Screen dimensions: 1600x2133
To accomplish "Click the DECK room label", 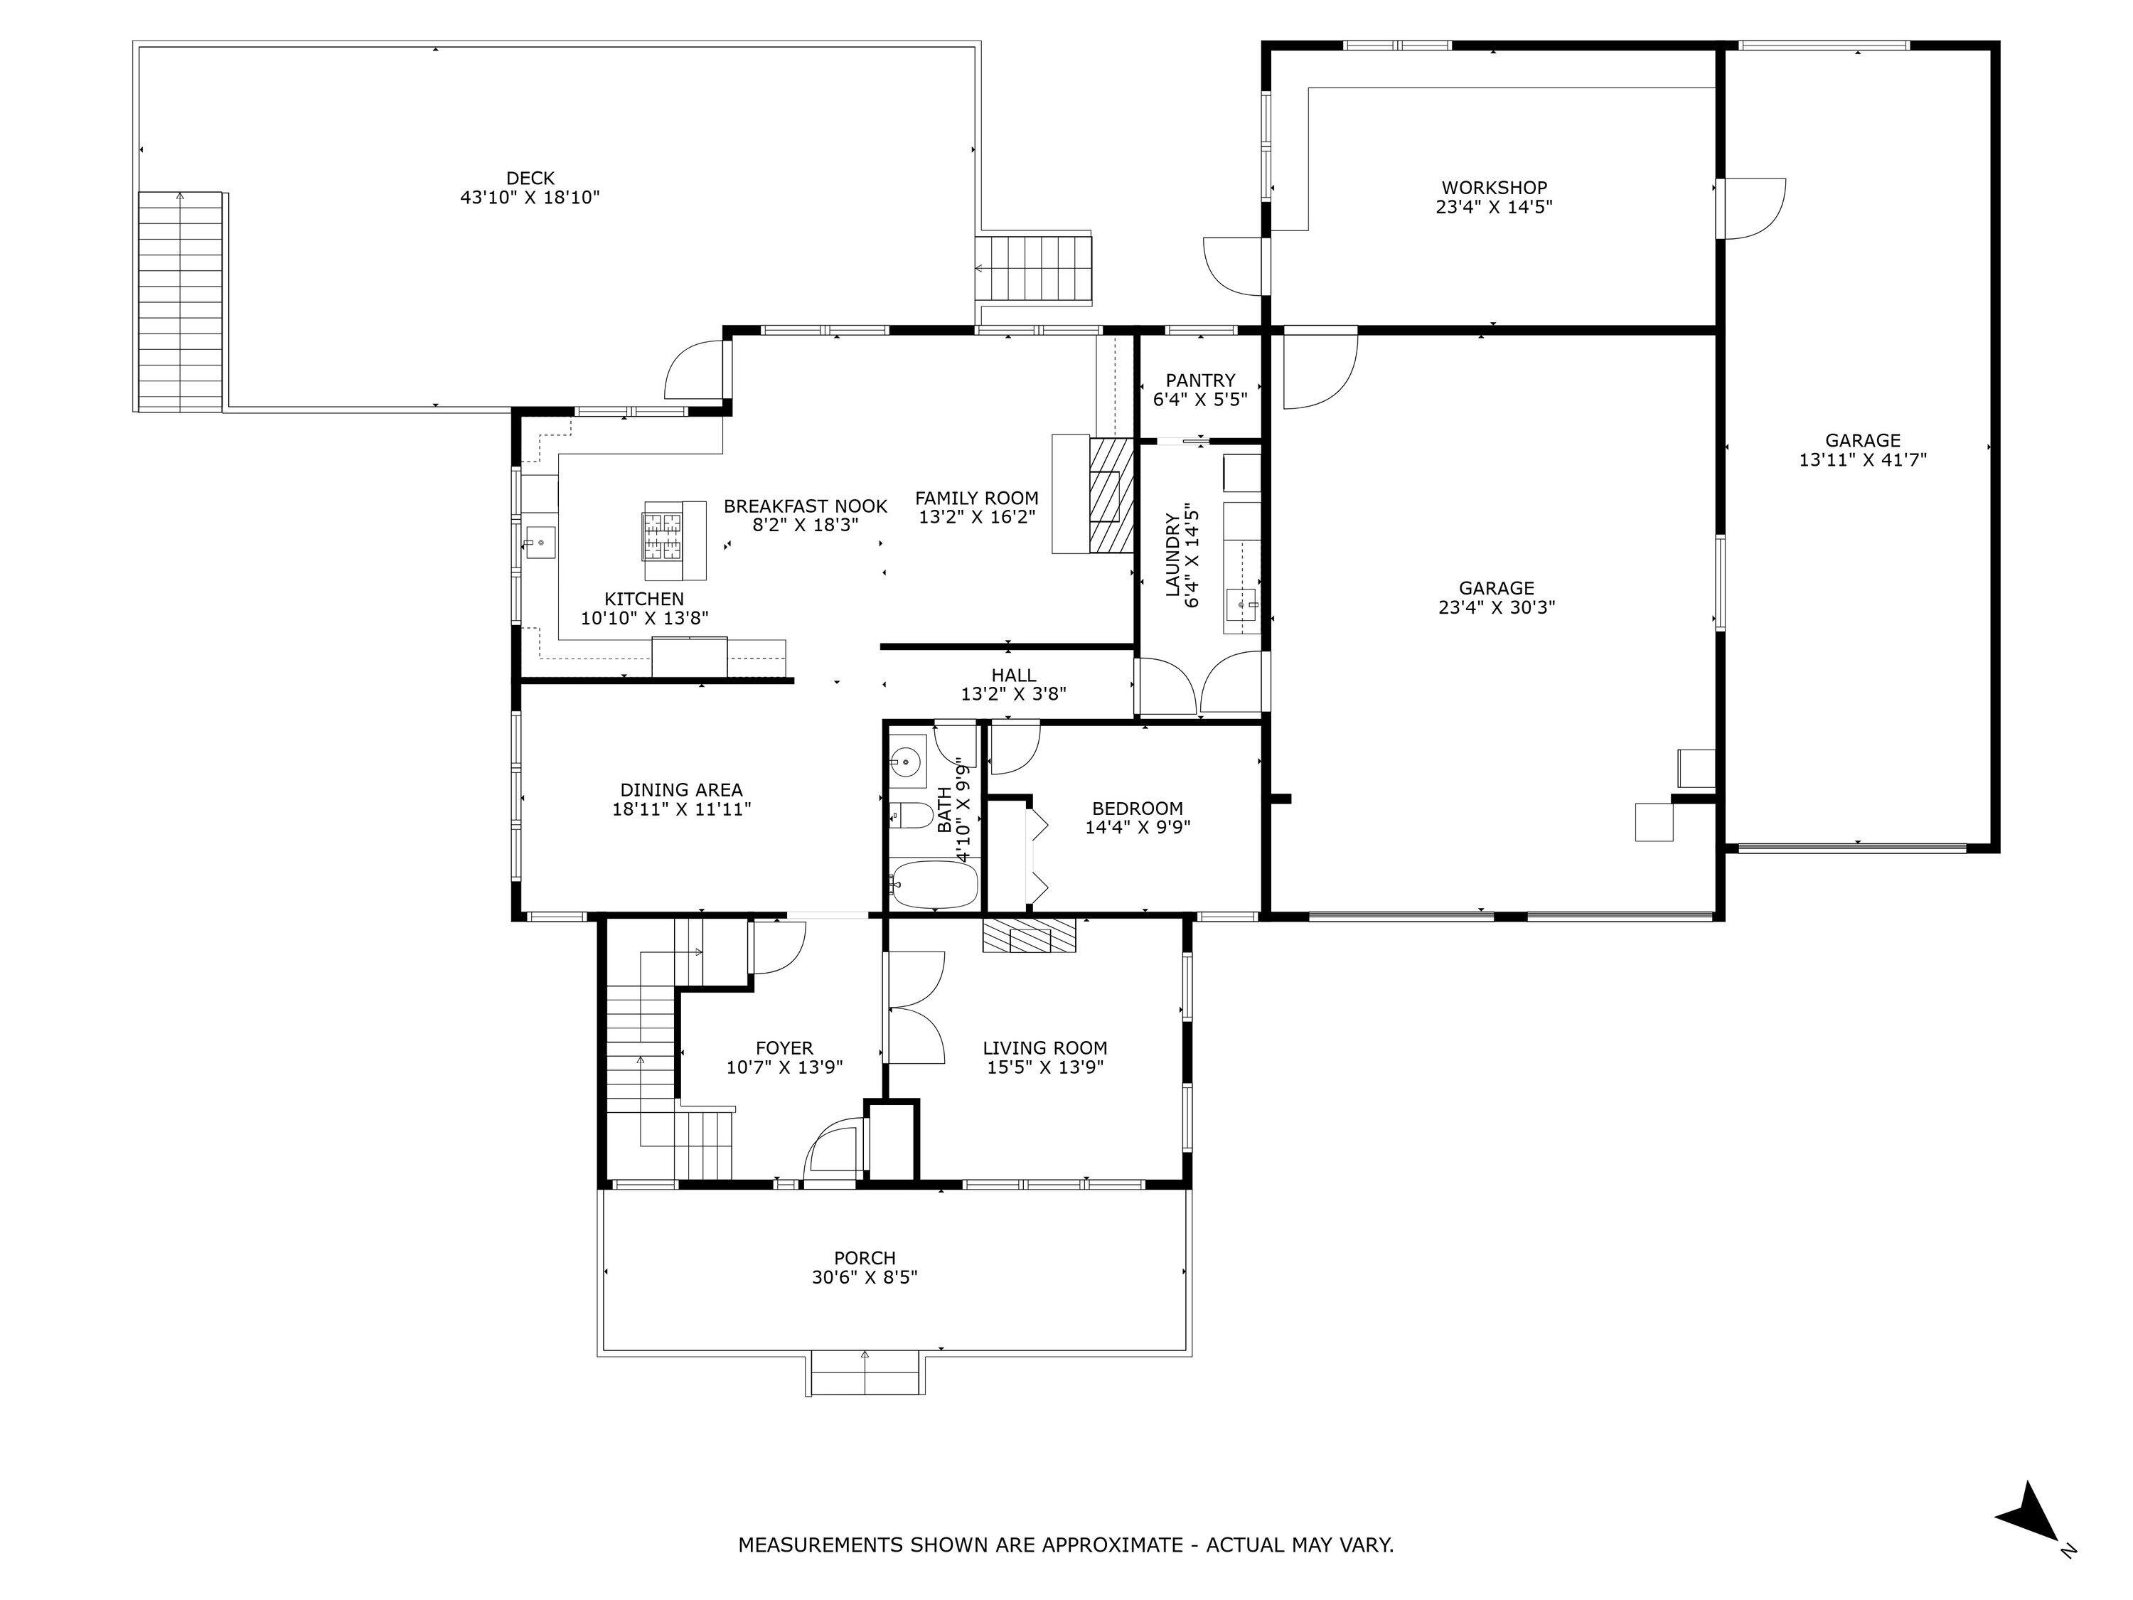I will tap(530, 178).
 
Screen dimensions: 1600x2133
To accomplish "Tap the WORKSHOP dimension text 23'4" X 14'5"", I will tap(1494, 206).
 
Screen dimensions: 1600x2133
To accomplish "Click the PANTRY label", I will tap(1199, 380).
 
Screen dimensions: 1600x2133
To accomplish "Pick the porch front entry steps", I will tap(864, 1373).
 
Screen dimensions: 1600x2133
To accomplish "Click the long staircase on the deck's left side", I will tap(181, 301).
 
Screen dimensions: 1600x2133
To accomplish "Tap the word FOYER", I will tap(784, 1047).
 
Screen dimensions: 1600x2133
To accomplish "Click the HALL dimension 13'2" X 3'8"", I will tap(1013, 693).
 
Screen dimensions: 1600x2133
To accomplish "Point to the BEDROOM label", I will tap(1137, 809).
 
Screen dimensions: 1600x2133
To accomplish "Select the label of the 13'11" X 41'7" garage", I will tap(1862, 441).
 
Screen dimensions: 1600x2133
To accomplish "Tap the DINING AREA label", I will tap(681, 790).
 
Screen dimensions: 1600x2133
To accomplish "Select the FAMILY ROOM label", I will tap(976, 498).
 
